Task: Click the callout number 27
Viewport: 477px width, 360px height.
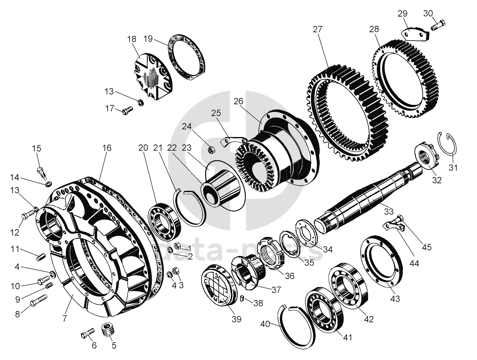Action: [x=317, y=29]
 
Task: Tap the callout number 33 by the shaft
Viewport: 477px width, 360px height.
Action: [x=389, y=211]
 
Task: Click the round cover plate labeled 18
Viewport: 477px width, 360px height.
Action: [x=153, y=77]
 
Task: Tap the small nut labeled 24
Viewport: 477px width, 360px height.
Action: [x=210, y=149]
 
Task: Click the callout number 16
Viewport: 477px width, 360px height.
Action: [x=107, y=148]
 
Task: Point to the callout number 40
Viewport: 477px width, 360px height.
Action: [x=265, y=324]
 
